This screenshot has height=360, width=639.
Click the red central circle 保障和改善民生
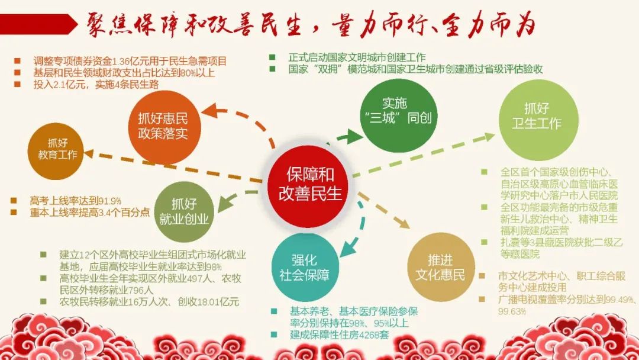[x=309, y=187]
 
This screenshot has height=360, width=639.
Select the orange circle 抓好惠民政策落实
[x=164, y=127]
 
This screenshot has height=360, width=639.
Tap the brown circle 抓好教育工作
[x=56, y=150]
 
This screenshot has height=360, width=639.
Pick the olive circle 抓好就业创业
[x=184, y=212]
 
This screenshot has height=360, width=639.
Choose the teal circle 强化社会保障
[x=305, y=267]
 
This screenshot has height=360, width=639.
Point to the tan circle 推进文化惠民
[x=441, y=268]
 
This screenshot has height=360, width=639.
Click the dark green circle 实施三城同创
[x=395, y=115]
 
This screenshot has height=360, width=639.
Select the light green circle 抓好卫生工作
[x=539, y=120]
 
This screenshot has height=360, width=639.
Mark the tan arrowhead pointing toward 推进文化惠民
[x=404, y=224]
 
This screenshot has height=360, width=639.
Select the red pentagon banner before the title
[x=38, y=24]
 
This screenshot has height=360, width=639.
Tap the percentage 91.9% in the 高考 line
[x=109, y=201]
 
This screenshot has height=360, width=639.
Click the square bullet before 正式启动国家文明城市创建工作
[x=272, y=57]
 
